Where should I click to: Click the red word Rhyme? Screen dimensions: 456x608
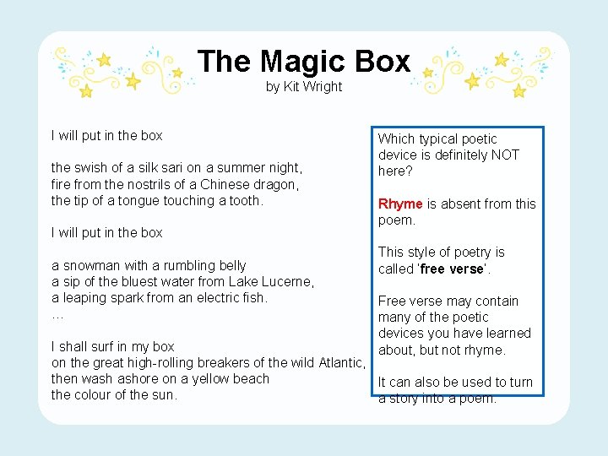pyautogui.click(x=400, y=204)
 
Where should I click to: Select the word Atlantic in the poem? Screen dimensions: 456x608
pyautogui.click(x=341, y=362)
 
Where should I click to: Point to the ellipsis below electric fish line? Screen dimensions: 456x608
pyautogui.click(x=57, y=314)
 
